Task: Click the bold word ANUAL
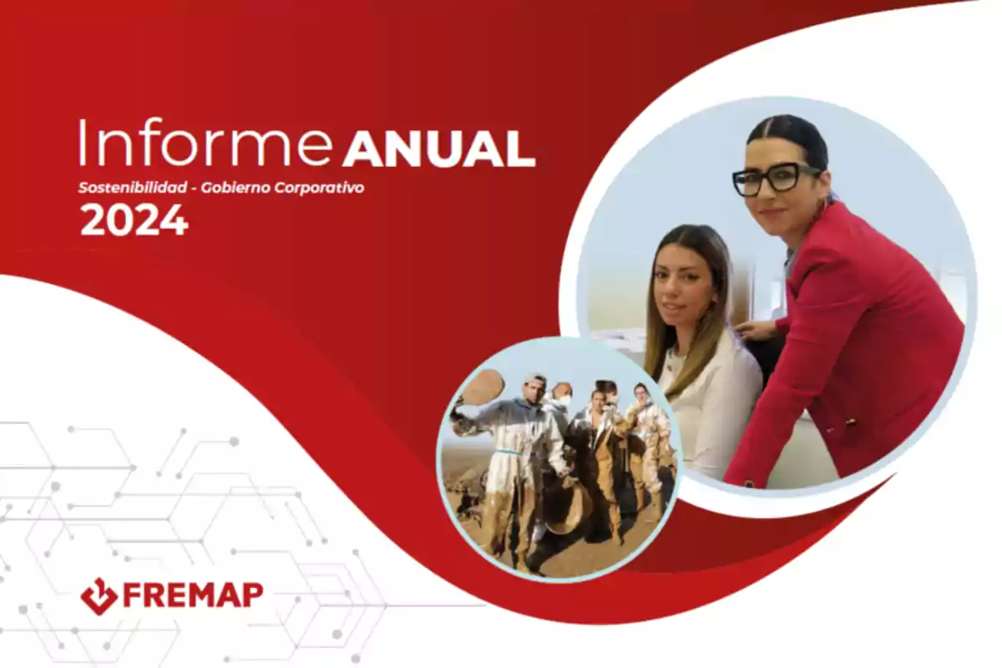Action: (439, 149)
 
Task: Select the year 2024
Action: (134, 220)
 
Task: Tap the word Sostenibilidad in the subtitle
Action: (133, 188)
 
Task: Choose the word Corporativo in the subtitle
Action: (319, 189)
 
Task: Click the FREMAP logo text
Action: (193, 595)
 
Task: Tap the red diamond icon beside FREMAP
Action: (99, 596)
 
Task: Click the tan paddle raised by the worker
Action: (483, 387)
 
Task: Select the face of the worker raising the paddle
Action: (536, 389)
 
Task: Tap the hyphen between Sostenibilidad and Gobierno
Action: (194, 189)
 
